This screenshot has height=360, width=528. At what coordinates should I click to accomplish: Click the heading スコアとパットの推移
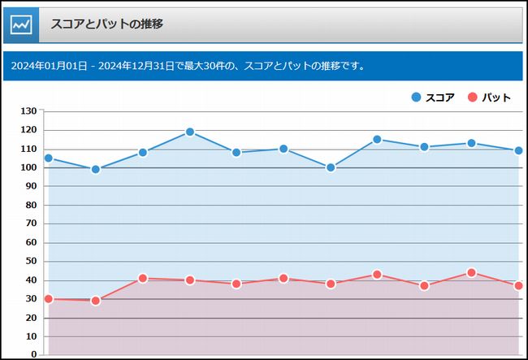click(x=106, y=24)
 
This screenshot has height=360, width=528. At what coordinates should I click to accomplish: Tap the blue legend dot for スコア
click(x=417, y=98)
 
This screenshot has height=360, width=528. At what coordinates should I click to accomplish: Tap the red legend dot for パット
click(x=473, y=98)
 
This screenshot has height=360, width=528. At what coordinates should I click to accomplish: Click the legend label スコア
click(x=439, y=98)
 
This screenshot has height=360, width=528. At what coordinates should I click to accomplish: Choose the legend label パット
click(x=496, y=98)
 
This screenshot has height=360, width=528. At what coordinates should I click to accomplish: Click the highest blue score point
click(x=190, y=132)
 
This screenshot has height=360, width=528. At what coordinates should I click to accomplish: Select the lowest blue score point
click(x=96, y=169)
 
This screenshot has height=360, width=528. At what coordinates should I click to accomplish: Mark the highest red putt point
click(x=471, y=273)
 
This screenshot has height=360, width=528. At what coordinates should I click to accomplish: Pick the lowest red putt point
click(x=96, y=301)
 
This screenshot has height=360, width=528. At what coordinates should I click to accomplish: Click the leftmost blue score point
click(x=49, y=158)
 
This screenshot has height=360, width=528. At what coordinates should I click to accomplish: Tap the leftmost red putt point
click(x=49, y=299)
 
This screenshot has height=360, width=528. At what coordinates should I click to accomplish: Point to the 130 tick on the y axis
click(x=28, y=111)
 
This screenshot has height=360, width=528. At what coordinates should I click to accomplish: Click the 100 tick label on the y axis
click(x=28, y=167)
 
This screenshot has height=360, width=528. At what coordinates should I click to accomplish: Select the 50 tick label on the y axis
click(x=31, y=261)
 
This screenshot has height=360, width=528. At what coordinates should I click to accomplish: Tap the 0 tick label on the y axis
click(x=34, y=354)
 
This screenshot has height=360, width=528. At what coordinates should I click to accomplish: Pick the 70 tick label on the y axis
click(x=31, y=223)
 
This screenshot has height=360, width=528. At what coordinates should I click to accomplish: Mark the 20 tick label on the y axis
click(x=31, y=317)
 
